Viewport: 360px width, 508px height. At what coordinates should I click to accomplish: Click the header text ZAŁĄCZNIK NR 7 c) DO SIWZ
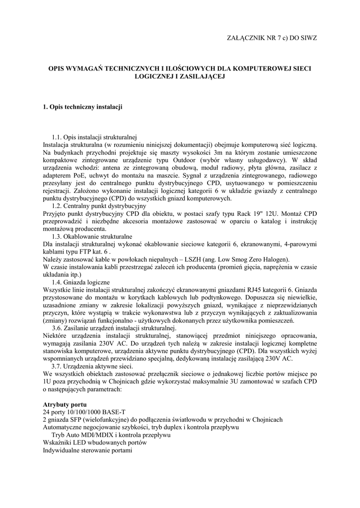271,38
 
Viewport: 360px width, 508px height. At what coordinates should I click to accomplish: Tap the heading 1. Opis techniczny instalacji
82,107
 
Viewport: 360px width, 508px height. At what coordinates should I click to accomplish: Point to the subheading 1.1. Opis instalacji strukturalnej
94,136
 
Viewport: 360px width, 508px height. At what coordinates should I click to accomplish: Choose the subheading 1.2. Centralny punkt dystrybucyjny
99,205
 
